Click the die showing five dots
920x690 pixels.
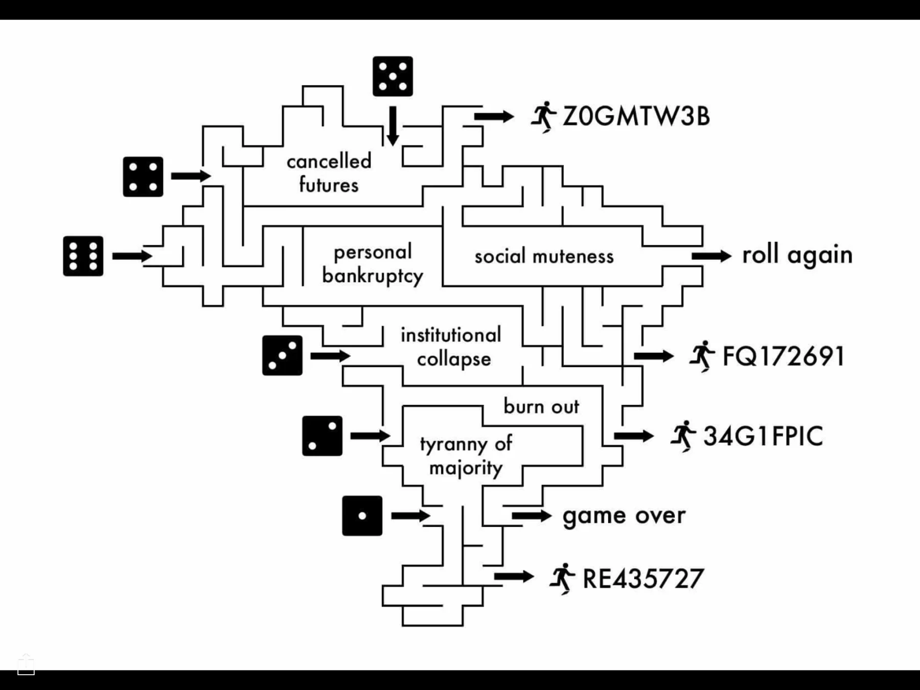393,76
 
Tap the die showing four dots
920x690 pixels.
143,177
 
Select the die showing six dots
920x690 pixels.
83,256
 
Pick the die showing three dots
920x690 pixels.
282,355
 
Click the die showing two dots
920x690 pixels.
322,436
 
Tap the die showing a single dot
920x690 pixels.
362,516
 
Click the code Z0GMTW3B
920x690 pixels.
636,116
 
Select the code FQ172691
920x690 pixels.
783,356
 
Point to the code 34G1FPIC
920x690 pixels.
763,436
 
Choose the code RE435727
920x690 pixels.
643,579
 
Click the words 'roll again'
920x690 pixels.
797,255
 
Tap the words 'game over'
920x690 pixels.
624,516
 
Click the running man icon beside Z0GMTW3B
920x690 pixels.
543,117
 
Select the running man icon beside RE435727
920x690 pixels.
563,579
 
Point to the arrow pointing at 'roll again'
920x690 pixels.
711,256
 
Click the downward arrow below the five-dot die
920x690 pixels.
393,126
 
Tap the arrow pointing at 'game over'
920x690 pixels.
532,516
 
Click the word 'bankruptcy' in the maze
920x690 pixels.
373,276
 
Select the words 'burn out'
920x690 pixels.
541,406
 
